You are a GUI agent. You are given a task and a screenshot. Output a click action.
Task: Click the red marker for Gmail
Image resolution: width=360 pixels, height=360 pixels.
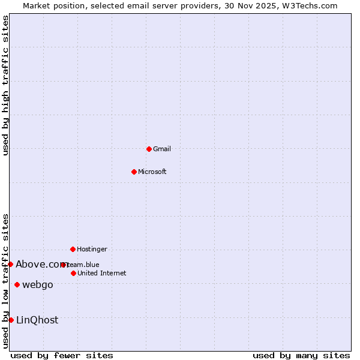point(149,149)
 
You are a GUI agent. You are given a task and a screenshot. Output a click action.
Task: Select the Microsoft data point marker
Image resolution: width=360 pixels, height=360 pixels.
point(134,172)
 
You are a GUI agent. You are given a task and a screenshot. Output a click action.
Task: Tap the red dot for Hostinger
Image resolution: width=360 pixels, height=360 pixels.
point(73,249)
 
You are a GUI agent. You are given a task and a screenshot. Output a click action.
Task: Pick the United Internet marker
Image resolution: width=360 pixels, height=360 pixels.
point(73,273)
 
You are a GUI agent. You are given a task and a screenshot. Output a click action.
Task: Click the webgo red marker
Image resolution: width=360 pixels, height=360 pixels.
point(17,284)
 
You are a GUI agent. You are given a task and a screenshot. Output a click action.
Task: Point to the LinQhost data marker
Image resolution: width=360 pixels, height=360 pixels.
point(11,320)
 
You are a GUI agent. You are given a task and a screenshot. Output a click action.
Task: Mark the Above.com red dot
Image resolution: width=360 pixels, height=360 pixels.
point(10,264)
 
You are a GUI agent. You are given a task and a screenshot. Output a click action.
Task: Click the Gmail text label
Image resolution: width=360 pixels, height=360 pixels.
point(162,149)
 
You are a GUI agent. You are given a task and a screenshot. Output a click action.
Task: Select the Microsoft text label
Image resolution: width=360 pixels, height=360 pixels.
point(152,172)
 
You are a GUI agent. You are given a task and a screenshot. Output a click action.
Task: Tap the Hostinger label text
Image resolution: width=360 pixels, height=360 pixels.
point(92,249)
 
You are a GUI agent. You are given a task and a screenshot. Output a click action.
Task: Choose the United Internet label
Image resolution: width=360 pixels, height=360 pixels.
point(102,273)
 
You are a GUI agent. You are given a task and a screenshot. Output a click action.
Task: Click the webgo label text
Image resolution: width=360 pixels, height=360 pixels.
point(38,284)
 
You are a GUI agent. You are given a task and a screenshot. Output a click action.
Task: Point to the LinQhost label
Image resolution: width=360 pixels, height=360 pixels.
point(37,320)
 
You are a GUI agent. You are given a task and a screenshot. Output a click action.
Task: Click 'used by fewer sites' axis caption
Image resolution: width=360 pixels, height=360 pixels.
point(62,355)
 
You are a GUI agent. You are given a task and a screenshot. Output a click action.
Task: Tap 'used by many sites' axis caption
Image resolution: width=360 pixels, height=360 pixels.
point(301,355)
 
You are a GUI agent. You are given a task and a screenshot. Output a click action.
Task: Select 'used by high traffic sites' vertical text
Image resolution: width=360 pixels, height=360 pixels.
point(5,85)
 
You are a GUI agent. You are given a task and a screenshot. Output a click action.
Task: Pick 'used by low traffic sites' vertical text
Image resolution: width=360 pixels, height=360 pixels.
point(5,280)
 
